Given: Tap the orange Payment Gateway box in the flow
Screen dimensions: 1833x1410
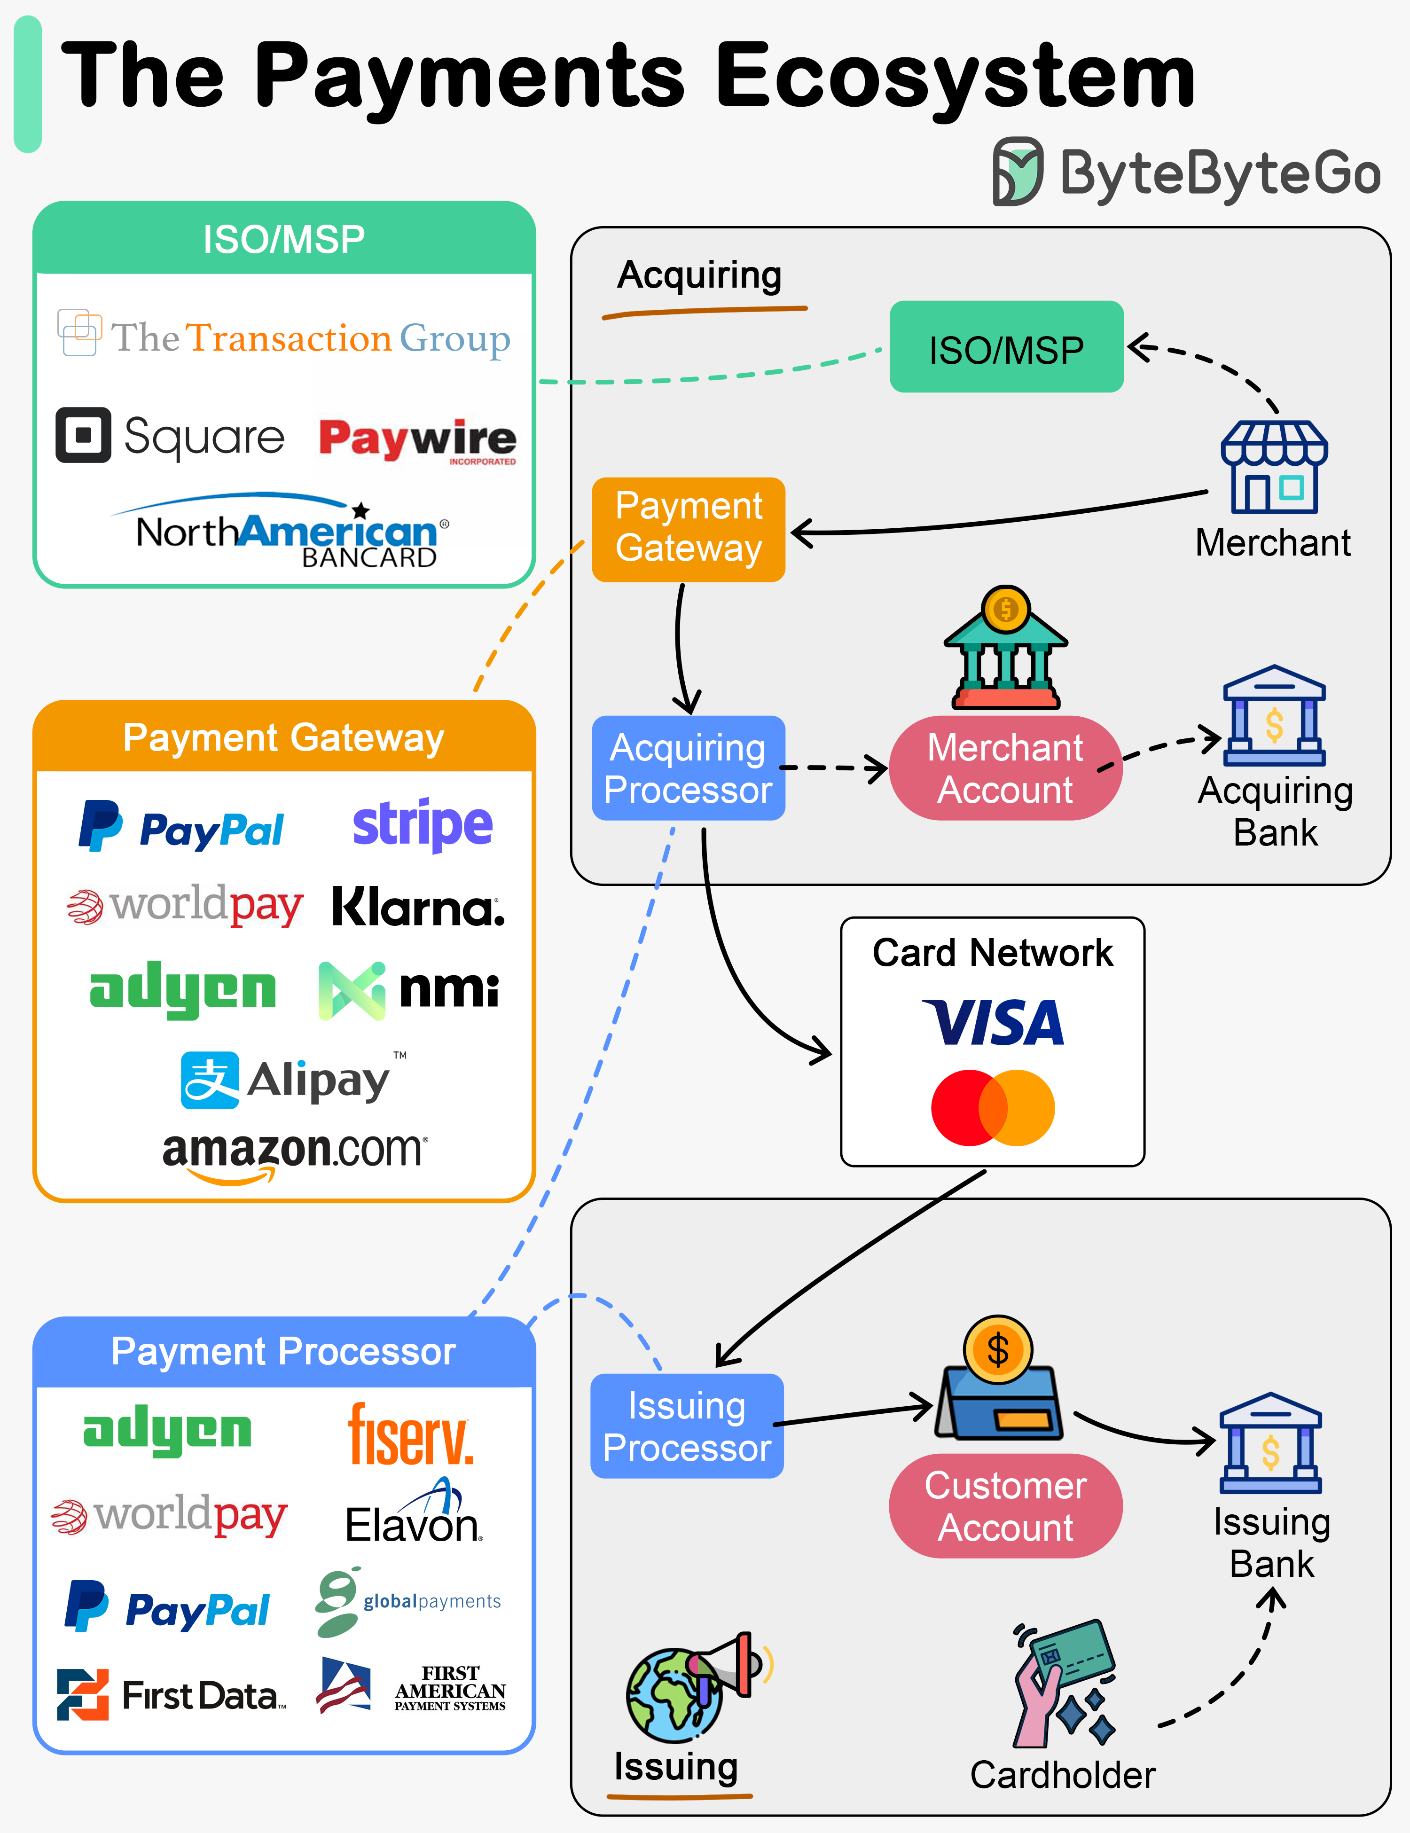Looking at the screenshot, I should pos(688,529).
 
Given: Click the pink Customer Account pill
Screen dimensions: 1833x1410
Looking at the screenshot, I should pos(1005,1506).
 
